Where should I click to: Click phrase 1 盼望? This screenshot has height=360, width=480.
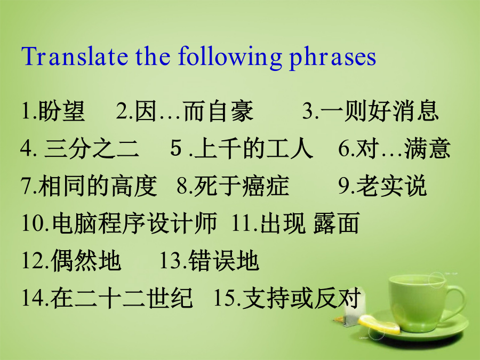pos(61,110)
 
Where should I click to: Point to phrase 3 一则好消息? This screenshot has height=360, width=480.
pos(380,110)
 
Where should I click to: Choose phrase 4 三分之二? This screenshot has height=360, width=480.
pos(92,148)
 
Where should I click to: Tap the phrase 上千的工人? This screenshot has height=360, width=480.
pos(253,148)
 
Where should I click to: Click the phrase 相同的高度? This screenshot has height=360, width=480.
pos(98,186)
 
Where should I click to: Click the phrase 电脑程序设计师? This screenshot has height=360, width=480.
pos(135,223)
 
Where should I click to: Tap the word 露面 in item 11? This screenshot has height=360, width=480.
pos(336,223)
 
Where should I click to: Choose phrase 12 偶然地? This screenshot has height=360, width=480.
pos(86,261)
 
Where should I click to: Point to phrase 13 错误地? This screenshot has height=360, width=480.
pos(224,261)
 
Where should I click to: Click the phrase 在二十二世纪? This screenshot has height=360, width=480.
pos(122,298)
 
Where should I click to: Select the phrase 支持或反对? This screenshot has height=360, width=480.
pos(301,298)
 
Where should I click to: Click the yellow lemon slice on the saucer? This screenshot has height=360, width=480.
pos(379,324)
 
